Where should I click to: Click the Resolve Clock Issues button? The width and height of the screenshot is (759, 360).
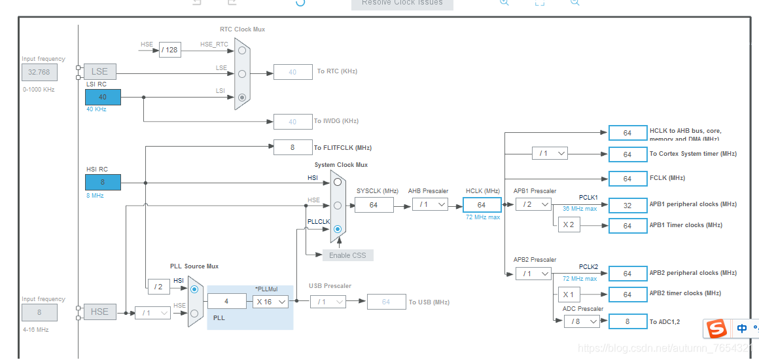[402, 3]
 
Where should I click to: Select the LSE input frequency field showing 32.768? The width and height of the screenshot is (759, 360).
[39, 71]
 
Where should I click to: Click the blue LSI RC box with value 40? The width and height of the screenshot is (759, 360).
[103, 97]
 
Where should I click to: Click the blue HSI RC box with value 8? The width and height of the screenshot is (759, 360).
[103, 182]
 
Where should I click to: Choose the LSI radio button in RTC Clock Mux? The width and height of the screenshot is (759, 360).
[242, 98]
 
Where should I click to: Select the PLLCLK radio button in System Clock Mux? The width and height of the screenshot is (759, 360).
[337, 229]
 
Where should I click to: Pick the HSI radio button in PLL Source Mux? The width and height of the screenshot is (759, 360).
[194, 289]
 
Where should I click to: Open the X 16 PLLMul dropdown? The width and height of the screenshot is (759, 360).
[271, 302]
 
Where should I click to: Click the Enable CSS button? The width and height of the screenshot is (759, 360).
[347, 255]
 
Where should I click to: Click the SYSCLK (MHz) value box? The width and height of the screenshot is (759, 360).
[374, 205]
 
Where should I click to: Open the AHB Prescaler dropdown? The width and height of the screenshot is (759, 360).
[430, 205]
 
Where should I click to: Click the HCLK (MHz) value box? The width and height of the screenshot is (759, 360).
[482, 205]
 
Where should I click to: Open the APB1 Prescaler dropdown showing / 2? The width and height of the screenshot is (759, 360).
[533, 204]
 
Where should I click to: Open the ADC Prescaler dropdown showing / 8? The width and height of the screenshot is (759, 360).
[582, 321]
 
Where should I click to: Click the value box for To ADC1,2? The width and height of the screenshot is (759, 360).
[627, 321]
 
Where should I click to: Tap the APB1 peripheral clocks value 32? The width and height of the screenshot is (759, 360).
[627, 205]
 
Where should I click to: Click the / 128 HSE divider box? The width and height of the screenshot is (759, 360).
[169, 50]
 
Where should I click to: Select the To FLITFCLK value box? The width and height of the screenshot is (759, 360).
[292, 148]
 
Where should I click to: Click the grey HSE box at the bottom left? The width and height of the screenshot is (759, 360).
[100, 312]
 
